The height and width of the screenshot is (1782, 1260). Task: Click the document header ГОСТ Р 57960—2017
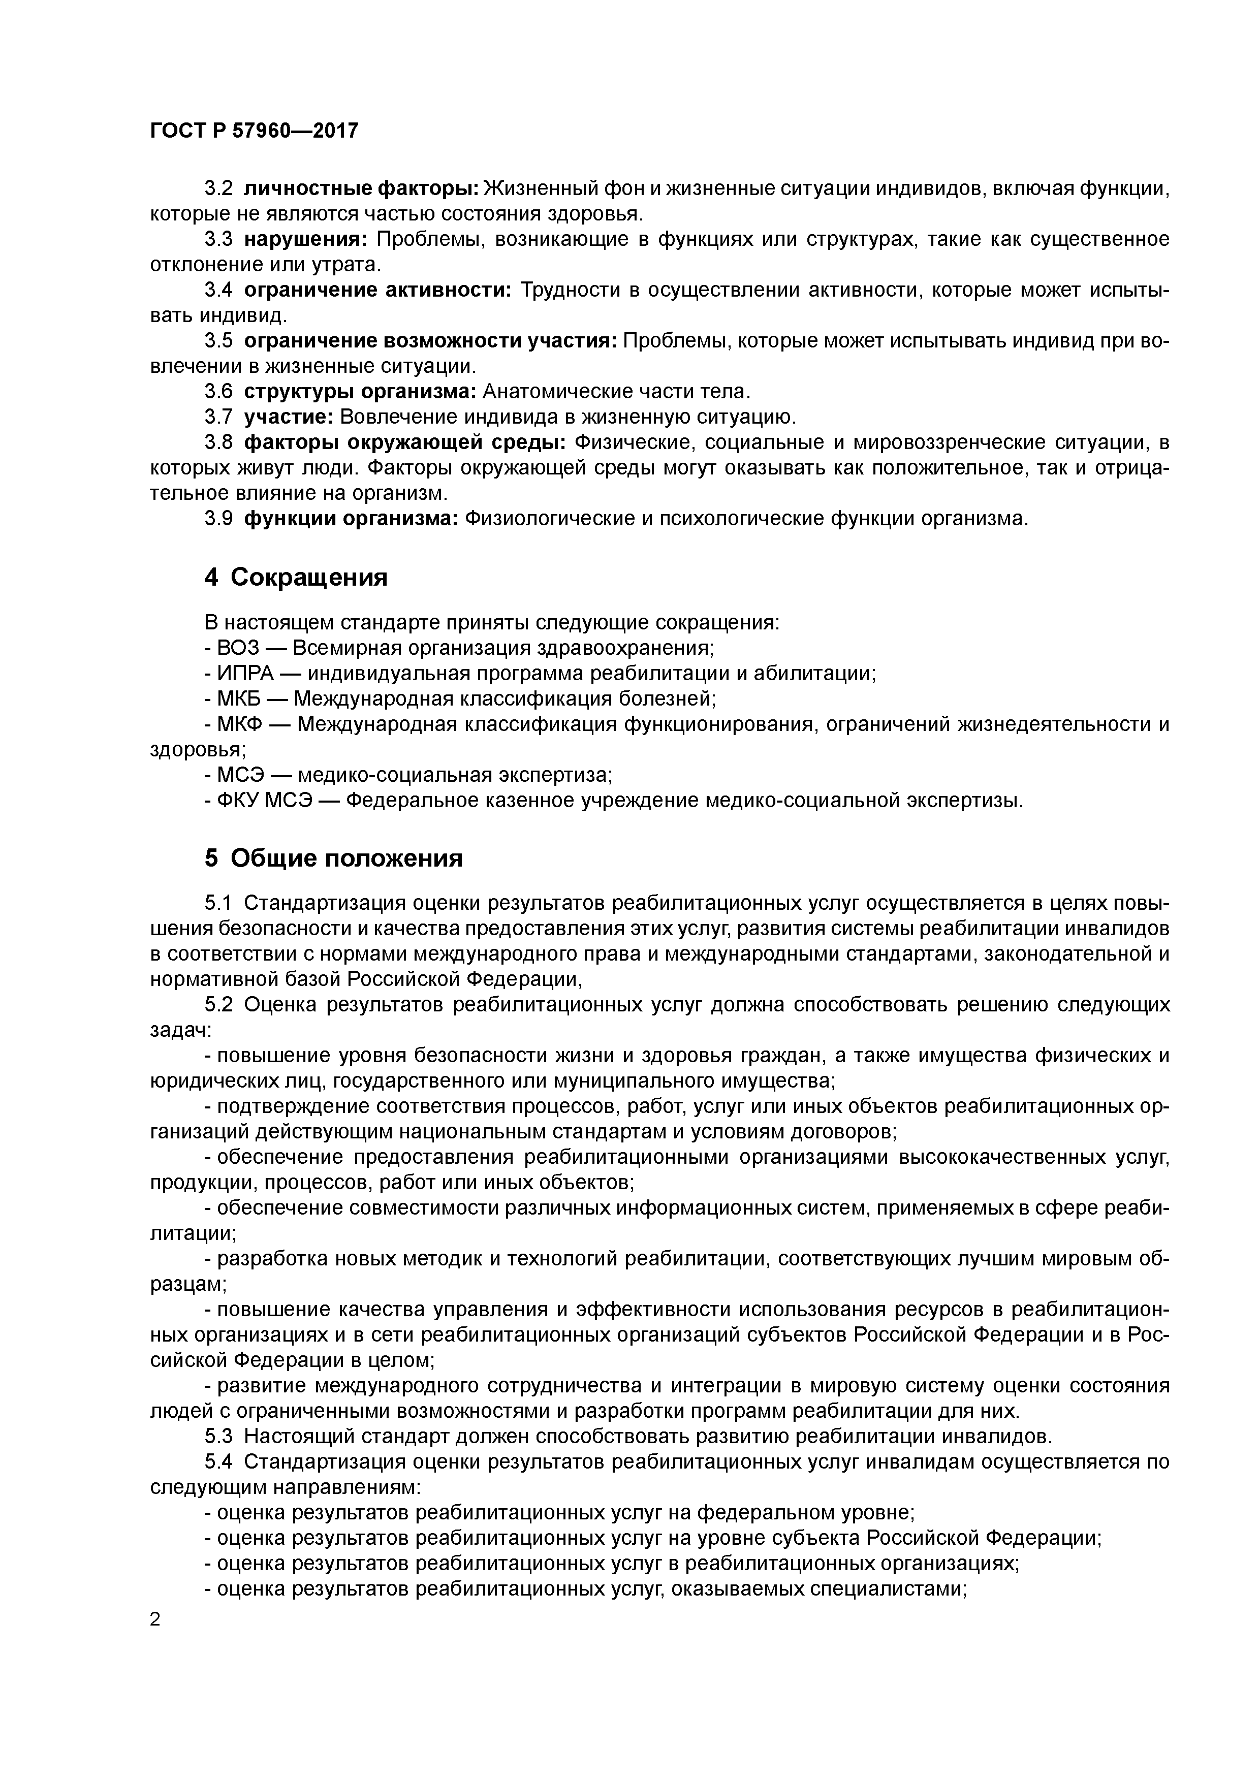click(254, 131)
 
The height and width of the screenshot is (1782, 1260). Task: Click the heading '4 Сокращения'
click(295, 578)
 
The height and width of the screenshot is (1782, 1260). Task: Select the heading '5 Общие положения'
click(333, 858)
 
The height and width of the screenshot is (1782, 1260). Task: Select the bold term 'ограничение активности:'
click(377, 290)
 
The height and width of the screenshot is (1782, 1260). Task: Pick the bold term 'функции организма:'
click(352, 519)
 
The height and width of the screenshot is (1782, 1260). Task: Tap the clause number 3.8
click(218, 443)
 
